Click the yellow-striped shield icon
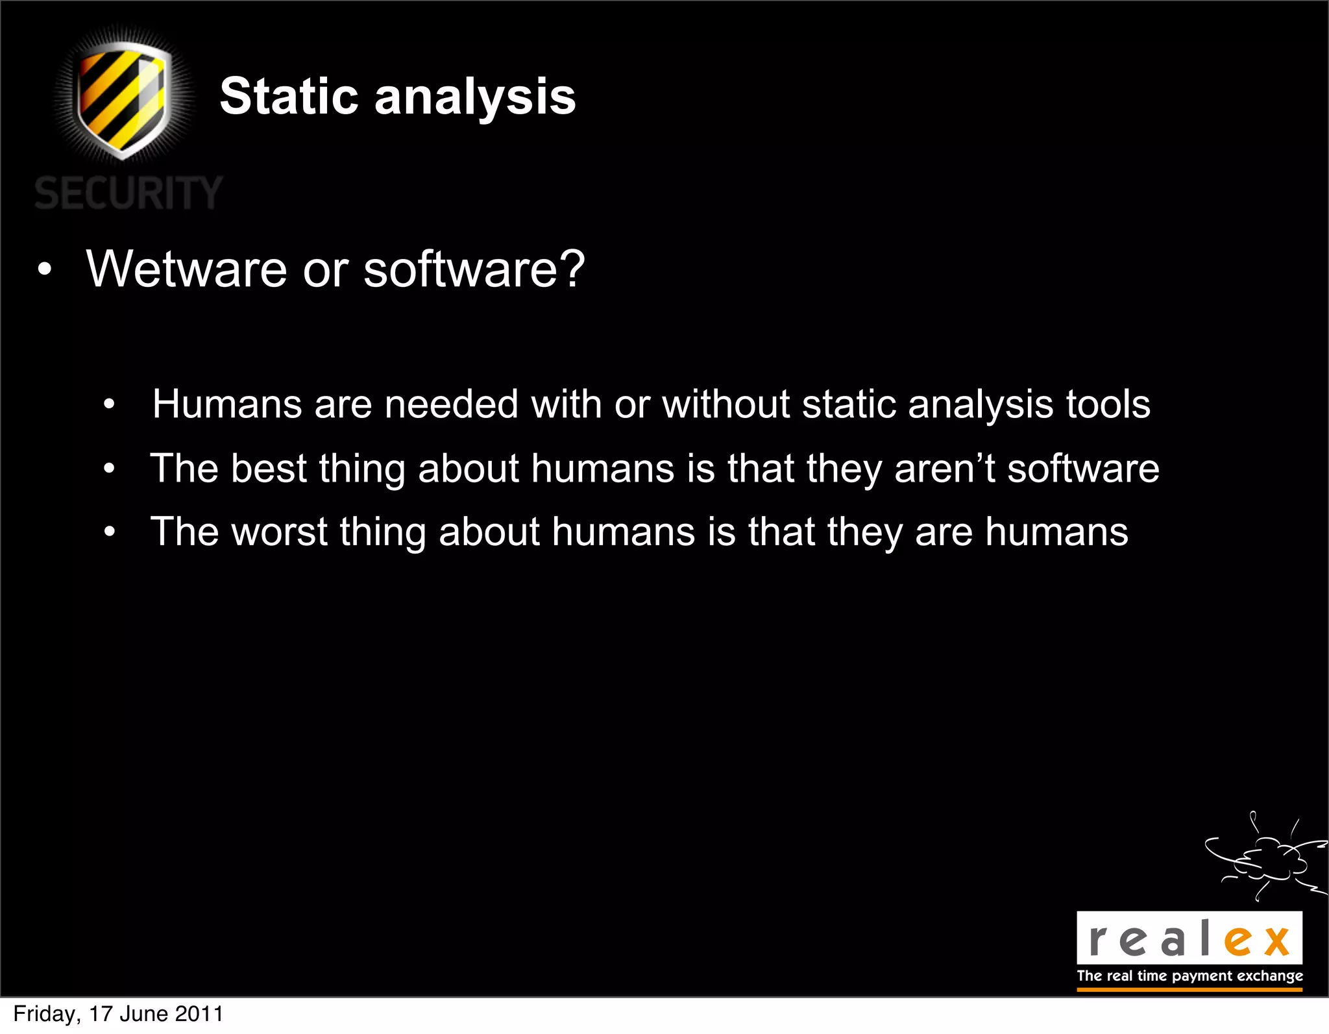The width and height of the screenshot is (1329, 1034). pyautogui.click(x=123, y=99)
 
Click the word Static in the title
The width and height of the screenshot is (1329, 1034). pyautogui.click(x=289, y=97)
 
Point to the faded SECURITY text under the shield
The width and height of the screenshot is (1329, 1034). pyautogui.click(x=128, y=193)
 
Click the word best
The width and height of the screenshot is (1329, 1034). pyautogui.click(x=269, y=468)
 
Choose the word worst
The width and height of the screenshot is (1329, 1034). pyautogui.click(x=279, y=532)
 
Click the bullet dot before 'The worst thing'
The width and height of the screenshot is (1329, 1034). pyautogui.click(x=110, y=532)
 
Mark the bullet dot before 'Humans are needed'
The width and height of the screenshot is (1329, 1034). pyautogui.click(x=110, y=405)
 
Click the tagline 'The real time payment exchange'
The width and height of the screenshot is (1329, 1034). pyautogui.click(x=1189, y=976)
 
